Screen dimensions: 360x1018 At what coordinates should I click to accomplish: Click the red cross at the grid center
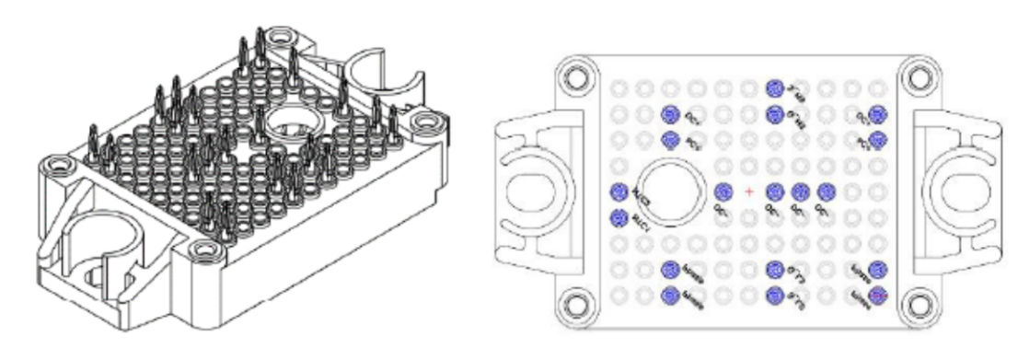click(749, 192)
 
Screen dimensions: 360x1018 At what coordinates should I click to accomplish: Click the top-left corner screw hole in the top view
click(577, 76)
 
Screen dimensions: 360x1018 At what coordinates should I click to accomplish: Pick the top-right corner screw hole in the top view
click(920, 76)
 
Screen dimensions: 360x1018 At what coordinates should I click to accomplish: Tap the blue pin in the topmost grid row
click(774, 88)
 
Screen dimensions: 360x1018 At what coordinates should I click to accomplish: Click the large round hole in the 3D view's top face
click(288, 121)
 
